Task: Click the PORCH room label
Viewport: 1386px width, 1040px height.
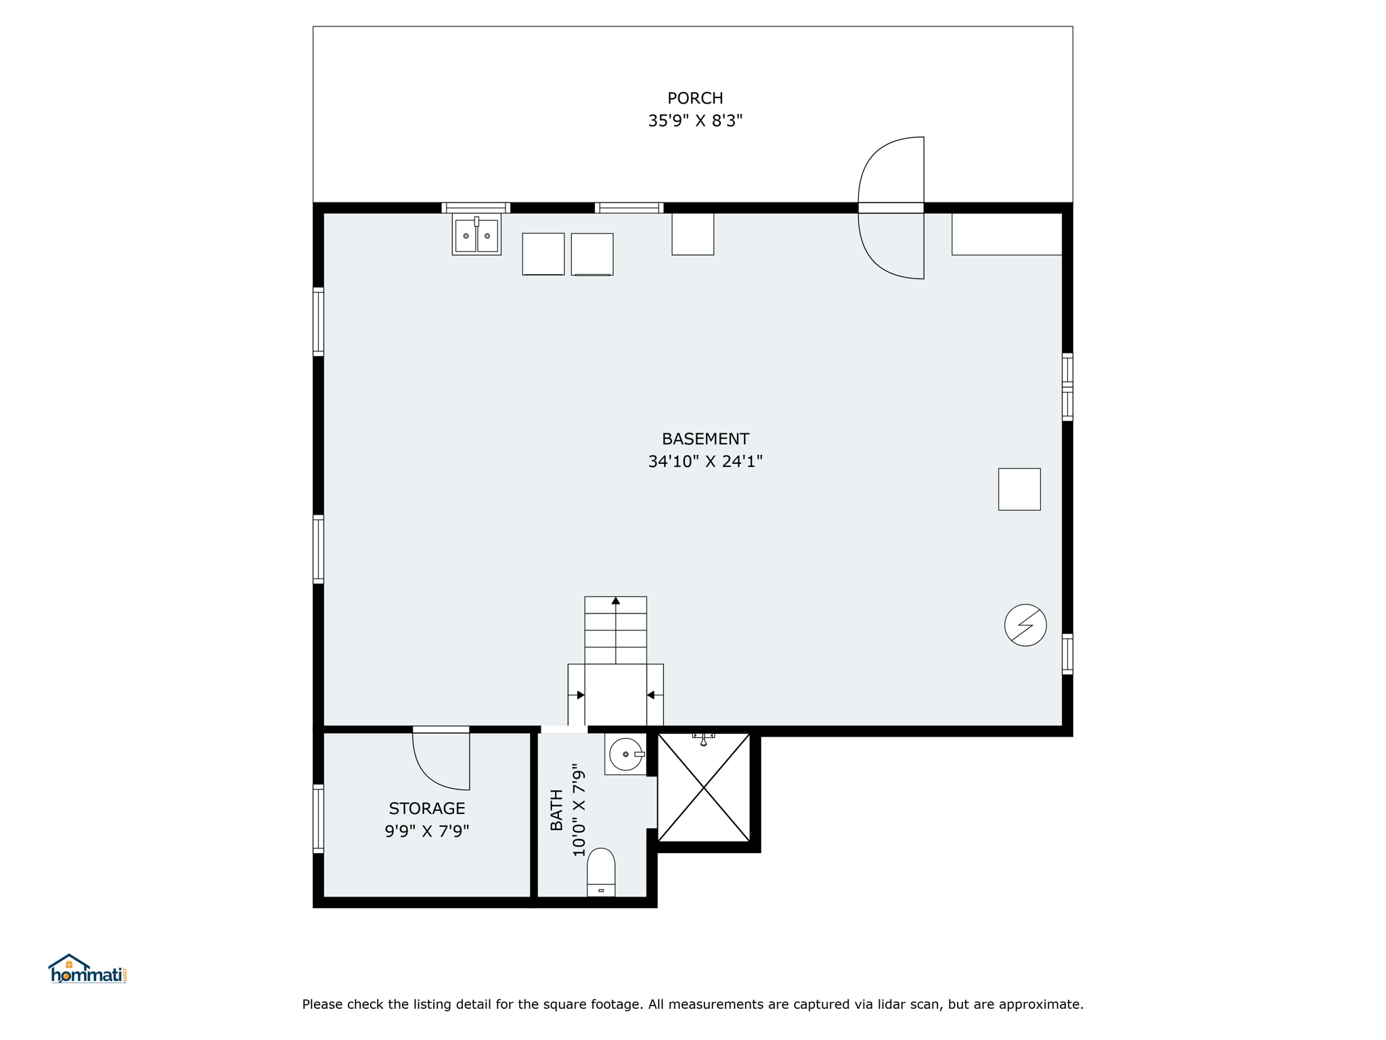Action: [695, 98]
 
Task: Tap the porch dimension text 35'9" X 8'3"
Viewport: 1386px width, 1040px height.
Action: [695, 121]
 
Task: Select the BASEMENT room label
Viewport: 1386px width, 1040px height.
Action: [705, 439]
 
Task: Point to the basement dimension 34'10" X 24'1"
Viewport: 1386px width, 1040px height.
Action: [705, 461]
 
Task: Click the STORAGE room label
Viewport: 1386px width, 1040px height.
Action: [427, 808]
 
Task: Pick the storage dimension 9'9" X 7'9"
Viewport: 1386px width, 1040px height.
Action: [427, 831]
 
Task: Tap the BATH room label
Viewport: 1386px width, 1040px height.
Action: [556, 810]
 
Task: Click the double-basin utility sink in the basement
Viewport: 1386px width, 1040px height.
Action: [476, 234]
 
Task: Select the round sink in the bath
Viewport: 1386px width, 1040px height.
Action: [626, 754]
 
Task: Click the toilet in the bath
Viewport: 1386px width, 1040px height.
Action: [601, 872]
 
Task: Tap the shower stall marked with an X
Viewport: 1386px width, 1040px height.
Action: [704, 787]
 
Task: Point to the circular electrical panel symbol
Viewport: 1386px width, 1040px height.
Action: [1025, 625]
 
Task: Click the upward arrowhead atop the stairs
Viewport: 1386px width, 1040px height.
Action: [616, 601]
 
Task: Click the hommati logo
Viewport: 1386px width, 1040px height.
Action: [88, 969]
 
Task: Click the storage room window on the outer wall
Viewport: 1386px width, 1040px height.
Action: [318, 819]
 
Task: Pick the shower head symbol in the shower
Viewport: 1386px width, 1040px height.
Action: [704, 739]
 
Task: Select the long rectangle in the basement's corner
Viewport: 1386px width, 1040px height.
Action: [1006, 234]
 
